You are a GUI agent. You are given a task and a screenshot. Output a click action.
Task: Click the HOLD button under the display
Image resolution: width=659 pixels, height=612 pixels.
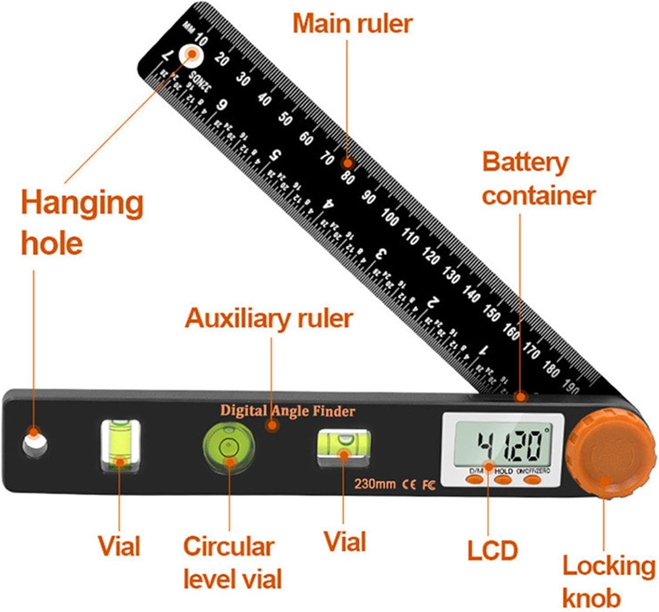point(503,479)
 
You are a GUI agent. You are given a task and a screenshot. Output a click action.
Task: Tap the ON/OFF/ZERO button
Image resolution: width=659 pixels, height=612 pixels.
point(532,479)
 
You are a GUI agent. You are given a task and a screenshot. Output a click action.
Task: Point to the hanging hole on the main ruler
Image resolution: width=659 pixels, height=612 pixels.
point(191,55)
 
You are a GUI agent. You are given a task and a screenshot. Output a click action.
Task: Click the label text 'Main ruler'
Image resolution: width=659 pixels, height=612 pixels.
point(352,24)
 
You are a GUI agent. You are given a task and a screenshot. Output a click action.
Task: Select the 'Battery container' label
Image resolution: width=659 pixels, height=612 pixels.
point(538,179)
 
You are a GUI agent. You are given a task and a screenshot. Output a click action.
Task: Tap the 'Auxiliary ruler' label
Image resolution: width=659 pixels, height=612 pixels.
point(269,318)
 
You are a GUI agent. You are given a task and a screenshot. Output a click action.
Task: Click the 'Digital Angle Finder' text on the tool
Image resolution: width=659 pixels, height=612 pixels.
point(288,411)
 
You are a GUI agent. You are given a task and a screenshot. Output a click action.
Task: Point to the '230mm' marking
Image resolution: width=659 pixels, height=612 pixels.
point(375,484)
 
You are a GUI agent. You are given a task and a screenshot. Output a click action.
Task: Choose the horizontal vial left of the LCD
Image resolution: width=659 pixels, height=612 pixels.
point(344,445)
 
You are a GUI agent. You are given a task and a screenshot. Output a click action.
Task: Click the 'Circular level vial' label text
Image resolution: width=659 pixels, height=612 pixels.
point(232,562)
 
